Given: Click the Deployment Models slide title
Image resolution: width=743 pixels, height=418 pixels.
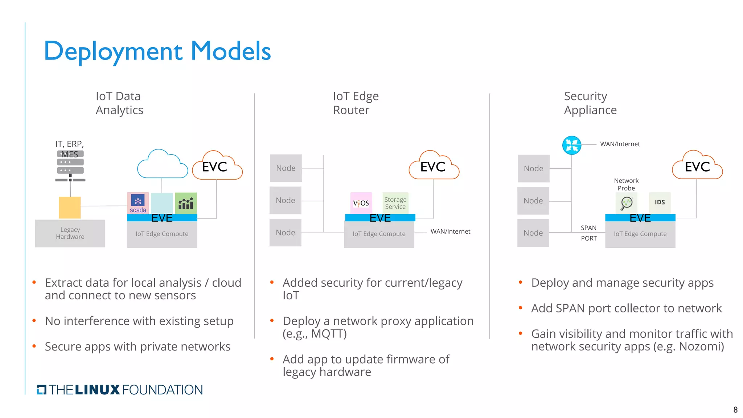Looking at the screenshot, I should coord(157,51).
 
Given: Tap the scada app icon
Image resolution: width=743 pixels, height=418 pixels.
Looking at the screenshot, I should coord(138,203).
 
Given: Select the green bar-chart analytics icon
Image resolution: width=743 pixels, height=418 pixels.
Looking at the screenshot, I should coord(186,203).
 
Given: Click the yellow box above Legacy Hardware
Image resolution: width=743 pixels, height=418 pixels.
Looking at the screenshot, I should coord(70,207).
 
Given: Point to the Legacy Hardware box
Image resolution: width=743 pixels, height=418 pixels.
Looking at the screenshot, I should coord(70,233).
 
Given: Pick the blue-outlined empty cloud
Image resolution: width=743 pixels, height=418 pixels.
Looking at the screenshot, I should coord(162,165).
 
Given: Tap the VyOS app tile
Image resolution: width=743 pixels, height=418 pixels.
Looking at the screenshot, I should coord(361,203).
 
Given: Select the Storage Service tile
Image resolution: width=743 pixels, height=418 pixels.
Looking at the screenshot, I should coord(395,203).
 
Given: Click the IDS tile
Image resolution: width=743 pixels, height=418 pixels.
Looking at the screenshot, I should coord(660,202).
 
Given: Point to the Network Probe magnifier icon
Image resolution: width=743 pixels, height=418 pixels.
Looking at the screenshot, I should coord(627,203).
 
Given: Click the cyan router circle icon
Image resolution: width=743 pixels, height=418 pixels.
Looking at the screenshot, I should coord(572,145).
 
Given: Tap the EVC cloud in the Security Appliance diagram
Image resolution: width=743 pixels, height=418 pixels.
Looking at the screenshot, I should coord(697,167).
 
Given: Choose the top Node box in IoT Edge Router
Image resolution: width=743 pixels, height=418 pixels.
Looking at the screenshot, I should coord(286,168).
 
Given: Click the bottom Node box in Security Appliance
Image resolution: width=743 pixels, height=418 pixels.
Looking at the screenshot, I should coord(533,233).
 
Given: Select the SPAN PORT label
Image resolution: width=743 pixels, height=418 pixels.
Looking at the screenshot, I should coord(588,233).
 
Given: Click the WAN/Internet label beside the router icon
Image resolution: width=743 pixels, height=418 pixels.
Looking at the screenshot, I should coord(620,144).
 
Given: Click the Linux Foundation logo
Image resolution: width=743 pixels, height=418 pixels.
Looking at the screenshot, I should coord(120,390).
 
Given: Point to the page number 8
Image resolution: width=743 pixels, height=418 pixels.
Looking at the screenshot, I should coord(735,410).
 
